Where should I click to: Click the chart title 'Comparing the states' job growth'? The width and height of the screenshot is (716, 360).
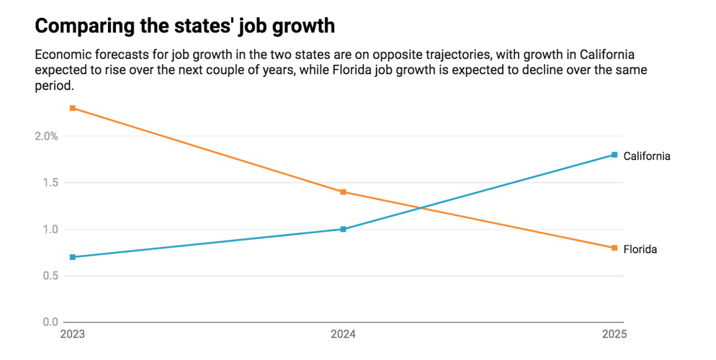click(184, 26)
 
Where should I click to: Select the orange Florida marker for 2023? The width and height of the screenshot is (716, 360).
click(73, 108)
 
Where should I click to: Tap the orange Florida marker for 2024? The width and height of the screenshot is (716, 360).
click(343, 192)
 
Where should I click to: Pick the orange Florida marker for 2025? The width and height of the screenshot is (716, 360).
click(614, 248)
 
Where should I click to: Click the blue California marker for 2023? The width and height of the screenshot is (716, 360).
click(73, 257)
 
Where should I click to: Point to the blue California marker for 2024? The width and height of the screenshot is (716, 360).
click(343, 229)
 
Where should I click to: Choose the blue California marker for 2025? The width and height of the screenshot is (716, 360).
click(614, 155)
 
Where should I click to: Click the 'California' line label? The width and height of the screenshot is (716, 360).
click(647, 156)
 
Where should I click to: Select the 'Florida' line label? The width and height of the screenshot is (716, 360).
click(640, 249)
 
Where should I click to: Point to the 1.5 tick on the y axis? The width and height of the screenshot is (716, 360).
click(48, 183)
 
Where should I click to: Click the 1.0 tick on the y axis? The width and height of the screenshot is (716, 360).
click(48, 229)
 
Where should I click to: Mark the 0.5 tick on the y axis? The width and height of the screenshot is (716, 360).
click(48, 276)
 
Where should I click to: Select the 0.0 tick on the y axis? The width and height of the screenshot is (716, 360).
click(48, 322)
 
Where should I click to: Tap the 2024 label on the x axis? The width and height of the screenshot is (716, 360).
click(343, 335)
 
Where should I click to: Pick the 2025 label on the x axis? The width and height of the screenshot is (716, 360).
click(614, 335)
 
